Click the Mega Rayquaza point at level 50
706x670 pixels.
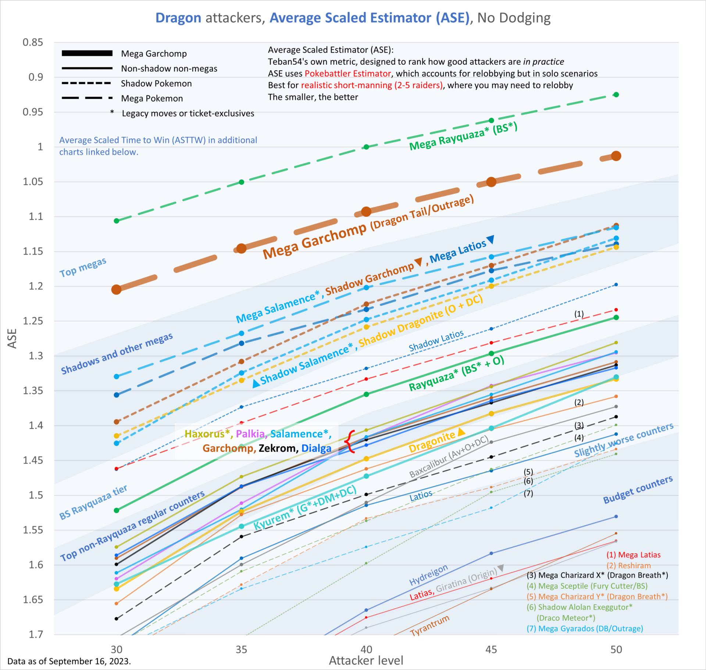(616, 95)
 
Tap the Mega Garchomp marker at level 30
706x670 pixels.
(116, 290)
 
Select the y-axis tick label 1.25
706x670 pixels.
(33, 321)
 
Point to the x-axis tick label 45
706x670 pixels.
(491, 649)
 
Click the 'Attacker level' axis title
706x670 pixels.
(366, 660)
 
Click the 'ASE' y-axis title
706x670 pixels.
(13, 338)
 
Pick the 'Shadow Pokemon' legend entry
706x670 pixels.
(156, 83)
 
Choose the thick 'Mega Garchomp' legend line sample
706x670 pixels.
(87, 53)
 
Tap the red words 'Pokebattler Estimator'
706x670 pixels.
(347, 74)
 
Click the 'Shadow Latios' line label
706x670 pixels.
(436, 341)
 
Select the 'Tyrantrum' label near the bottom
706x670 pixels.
(430, 625)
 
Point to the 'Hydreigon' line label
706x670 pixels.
(428, 575)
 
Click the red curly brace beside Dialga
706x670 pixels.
(350, 441)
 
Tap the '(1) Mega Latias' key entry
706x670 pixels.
(633, 555)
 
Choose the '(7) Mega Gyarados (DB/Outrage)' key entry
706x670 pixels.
(585, 628)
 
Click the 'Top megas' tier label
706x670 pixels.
(83, 267)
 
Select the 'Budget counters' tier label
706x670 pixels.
(638, 490)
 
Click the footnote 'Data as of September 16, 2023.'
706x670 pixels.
(69, 661)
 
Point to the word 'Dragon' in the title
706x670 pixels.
(178, 18)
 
